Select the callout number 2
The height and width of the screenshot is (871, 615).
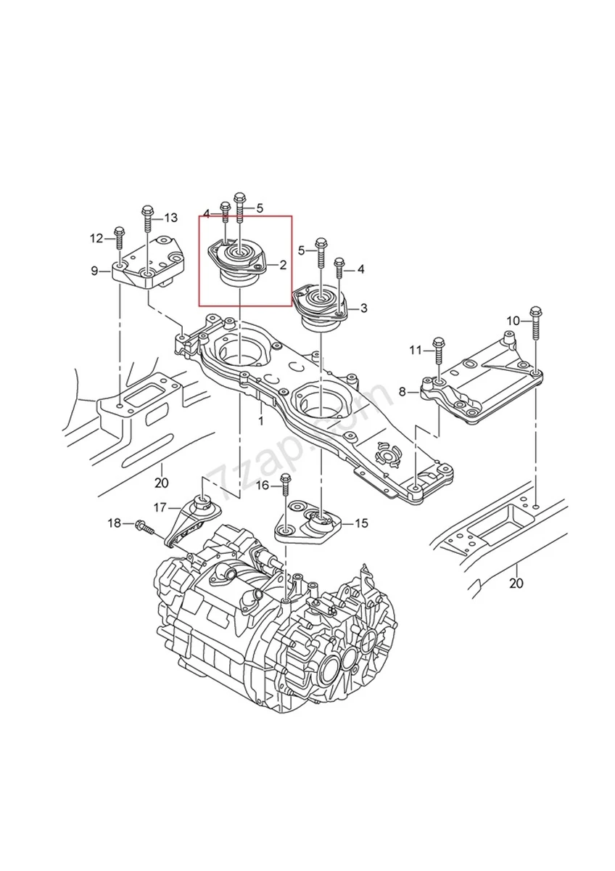pos(283,266)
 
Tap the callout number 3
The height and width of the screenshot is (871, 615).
pos(363,308)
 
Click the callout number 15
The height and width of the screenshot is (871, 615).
pos(360,522)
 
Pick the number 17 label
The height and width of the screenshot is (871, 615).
pos(160,507)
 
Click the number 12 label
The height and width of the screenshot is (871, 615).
pos(97,238)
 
